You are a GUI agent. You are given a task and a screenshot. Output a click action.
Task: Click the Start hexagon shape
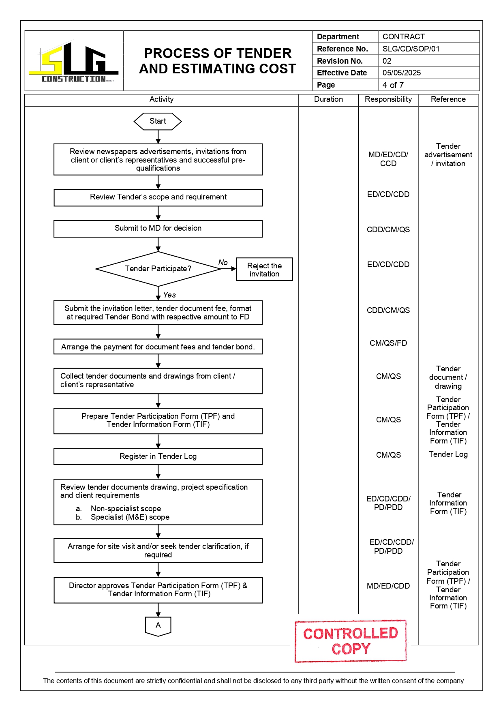(158, 121)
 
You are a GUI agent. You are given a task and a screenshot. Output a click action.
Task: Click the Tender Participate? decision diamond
(158, 269)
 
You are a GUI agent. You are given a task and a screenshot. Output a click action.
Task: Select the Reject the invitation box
(264, 270)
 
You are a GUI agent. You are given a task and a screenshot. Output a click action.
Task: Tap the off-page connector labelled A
(158, 626)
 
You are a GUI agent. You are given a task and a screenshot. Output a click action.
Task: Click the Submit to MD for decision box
(158, 229)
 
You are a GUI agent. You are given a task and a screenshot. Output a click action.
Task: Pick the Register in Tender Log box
(158, 456)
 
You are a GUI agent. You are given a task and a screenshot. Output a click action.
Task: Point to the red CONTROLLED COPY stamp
(351, 641)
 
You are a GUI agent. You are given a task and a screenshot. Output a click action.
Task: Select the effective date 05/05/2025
(402, 73)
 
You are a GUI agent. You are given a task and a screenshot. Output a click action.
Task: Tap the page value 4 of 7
(393, 85)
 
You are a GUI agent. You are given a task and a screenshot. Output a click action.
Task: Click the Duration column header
(328, 99)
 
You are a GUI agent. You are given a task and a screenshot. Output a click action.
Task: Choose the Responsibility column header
(388, 99)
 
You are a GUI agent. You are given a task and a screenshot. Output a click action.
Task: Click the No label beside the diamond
(223, 263)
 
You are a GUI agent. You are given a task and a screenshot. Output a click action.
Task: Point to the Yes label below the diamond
(169, 295)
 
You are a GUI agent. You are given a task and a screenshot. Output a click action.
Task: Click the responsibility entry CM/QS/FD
(388, 343)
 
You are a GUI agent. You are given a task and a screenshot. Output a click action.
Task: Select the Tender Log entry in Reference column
(448, 454)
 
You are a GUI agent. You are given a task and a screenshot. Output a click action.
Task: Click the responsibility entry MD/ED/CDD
(388, 586)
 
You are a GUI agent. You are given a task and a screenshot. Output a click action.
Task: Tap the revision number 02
(387, 61)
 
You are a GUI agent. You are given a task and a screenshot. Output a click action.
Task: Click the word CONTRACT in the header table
(403, 37)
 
